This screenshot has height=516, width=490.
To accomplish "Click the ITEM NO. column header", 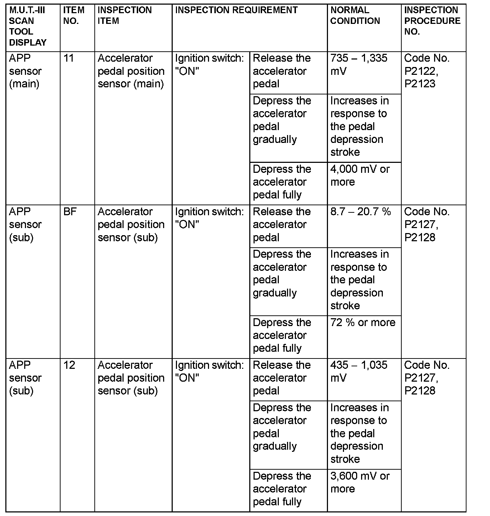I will [74, 16].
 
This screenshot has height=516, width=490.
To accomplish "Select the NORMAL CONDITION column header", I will [355, 16].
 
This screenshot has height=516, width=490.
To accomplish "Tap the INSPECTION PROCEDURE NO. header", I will [432, 21].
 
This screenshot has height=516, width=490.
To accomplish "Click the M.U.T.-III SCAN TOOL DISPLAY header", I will [28, 26].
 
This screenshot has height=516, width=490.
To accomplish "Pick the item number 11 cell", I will [68, 58].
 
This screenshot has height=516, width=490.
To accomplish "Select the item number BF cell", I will [70, 212].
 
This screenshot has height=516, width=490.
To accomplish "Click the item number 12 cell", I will [69, 365].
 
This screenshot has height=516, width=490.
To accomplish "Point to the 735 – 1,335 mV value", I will [359, 64].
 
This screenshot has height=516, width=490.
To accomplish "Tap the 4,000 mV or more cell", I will [360, 175].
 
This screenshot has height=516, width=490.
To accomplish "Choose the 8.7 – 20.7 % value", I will [360, 212].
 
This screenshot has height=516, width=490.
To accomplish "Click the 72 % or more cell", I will [363, 322].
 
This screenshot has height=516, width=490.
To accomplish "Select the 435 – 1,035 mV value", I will [359, 371].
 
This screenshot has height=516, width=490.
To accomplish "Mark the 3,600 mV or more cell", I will [360, 482].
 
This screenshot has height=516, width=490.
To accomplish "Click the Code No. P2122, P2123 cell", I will [427, 71].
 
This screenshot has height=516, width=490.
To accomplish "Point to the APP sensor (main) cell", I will [25, 71].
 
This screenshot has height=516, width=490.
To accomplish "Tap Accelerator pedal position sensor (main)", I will [131, 71].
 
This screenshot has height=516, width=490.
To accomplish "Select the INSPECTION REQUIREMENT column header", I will [236, 10].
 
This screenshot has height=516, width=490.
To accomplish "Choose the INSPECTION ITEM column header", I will [124, 16].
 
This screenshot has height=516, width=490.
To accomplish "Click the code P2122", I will [421, 71].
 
